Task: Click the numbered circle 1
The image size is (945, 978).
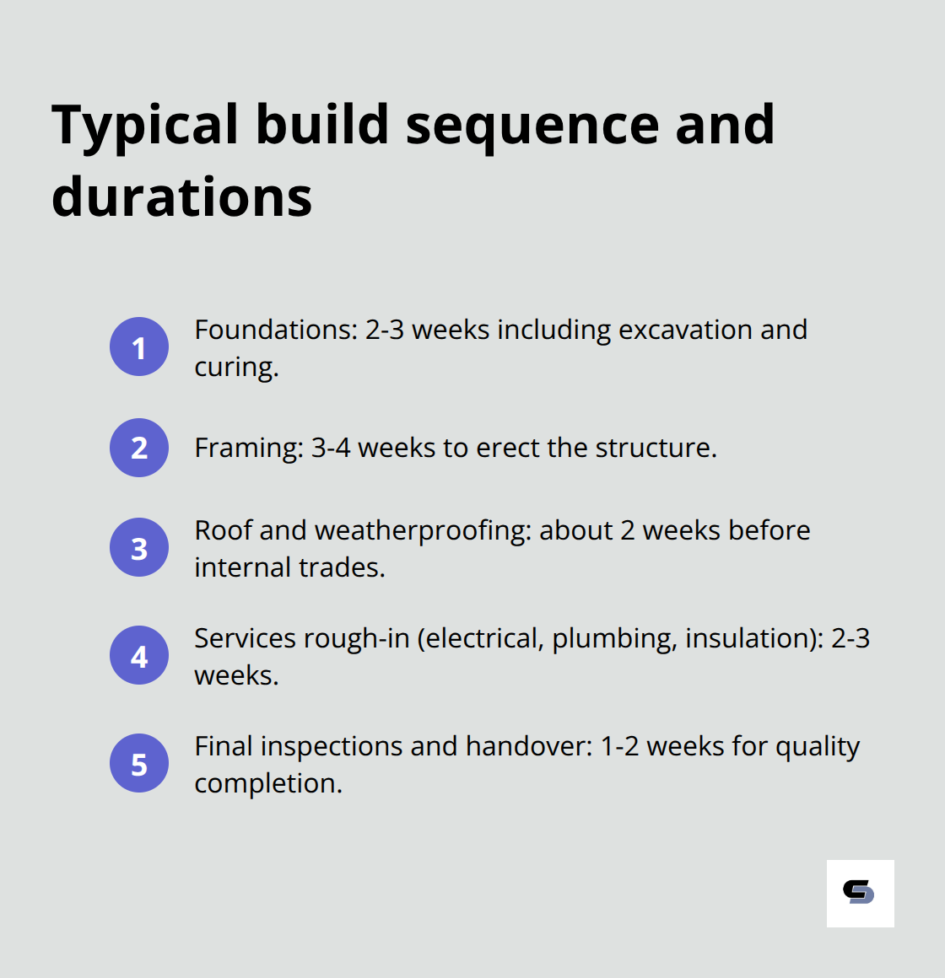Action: click(x=139, y=347)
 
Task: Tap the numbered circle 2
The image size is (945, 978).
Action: click(x=139, y=448)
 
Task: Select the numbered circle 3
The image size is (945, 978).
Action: click(x=139, y=547)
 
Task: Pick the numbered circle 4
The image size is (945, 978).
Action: click(x=139, y=655)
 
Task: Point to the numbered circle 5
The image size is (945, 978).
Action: click(x=139, y=763)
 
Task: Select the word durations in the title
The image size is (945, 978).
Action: click(x=181, y=197)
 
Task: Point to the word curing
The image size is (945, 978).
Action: click(x=235, y=368)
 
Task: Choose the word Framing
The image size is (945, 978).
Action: click(x=248, y=448)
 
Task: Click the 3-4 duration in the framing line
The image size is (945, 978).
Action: click(x=330, y=448)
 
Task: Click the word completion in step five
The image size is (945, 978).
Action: click(x=267, y=783)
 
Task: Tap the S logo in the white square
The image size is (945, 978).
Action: click(x=859, y=893)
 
